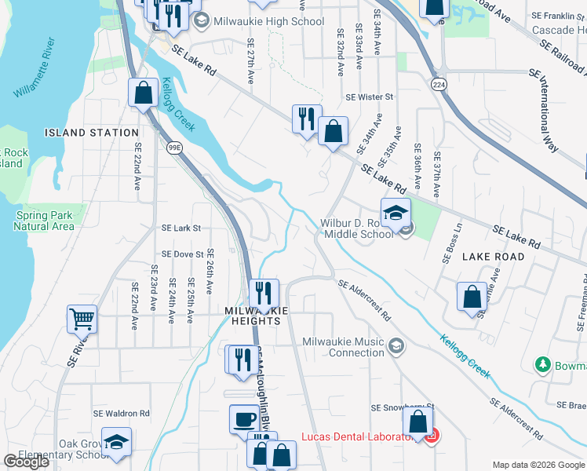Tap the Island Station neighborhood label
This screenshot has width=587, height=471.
point(92,133)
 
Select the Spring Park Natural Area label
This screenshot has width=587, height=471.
point(44,221)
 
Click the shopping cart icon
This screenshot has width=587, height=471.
point(82,319)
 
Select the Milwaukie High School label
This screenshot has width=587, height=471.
point(268,21)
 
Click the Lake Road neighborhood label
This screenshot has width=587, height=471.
point(492,257)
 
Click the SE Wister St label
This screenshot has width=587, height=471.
point(369,97)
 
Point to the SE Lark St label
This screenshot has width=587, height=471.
point(181,228)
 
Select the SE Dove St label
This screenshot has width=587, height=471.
point(182,254)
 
